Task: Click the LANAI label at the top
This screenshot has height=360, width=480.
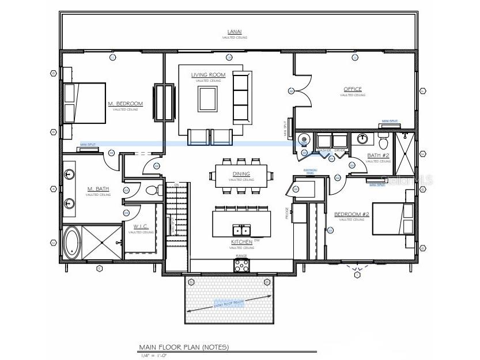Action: (x=235, y=32)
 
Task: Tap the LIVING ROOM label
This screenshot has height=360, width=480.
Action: (x=208, y=75)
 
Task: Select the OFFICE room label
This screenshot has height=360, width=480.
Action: (x=353, y=89)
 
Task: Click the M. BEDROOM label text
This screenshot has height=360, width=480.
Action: (x=125, y=104)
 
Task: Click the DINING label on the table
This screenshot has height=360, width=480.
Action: (x=241, y=174)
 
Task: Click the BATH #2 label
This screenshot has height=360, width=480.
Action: (x=378, y=156)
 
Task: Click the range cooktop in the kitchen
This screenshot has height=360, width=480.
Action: (x=241, y=266)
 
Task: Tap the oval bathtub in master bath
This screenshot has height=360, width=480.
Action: (x=71, y=242)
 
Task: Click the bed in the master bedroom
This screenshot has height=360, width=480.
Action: (x=84, y=103)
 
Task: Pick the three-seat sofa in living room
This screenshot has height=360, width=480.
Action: (x=242, y=97)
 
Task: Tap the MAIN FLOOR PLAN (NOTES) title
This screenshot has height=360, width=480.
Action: (x=183, y=347)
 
